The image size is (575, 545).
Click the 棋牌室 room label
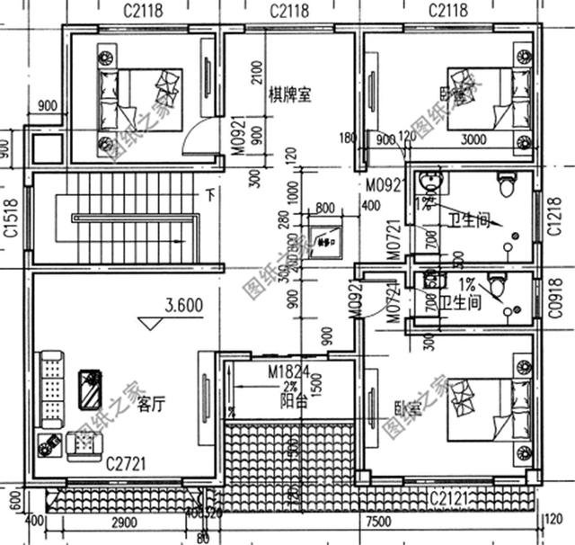pyautogui.click(x=290, y=94)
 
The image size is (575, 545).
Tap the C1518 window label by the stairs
pyautogui.click(x=9, y=219)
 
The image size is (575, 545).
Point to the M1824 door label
pyautogui.click(x=286, y=371)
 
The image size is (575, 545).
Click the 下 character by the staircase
pyautogui.click(x=209, y=192)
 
